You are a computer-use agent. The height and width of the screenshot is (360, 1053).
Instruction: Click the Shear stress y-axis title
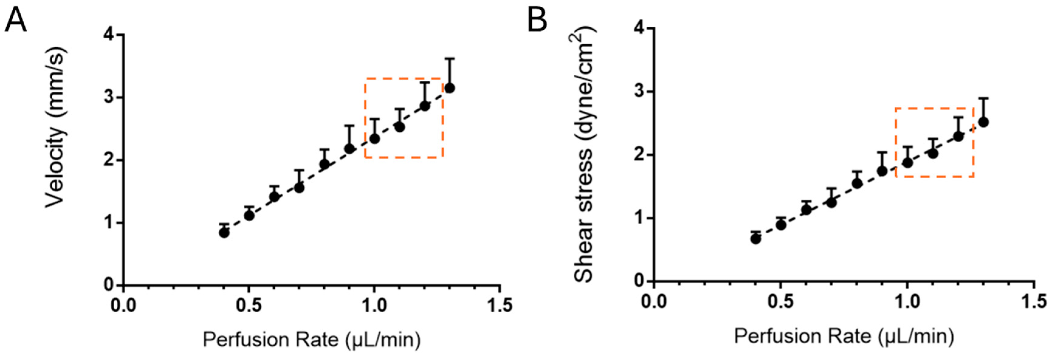coord(583,155)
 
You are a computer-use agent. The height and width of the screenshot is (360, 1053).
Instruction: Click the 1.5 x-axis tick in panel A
coord(499,305)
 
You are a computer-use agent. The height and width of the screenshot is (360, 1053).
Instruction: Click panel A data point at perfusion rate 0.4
coord(224,233)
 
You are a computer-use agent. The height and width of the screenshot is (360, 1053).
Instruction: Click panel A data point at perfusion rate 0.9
coord(349,148)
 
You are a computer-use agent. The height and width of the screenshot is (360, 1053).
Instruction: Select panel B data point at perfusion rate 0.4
coord(755,239)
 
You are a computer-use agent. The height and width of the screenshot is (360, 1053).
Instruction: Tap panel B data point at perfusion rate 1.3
coord(983,122)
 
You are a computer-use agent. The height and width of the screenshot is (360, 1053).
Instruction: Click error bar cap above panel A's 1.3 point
coord(450,59)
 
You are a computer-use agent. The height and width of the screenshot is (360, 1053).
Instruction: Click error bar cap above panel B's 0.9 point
coord(882,152)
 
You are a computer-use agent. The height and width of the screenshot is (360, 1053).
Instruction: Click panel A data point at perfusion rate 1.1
coord(400,127)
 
